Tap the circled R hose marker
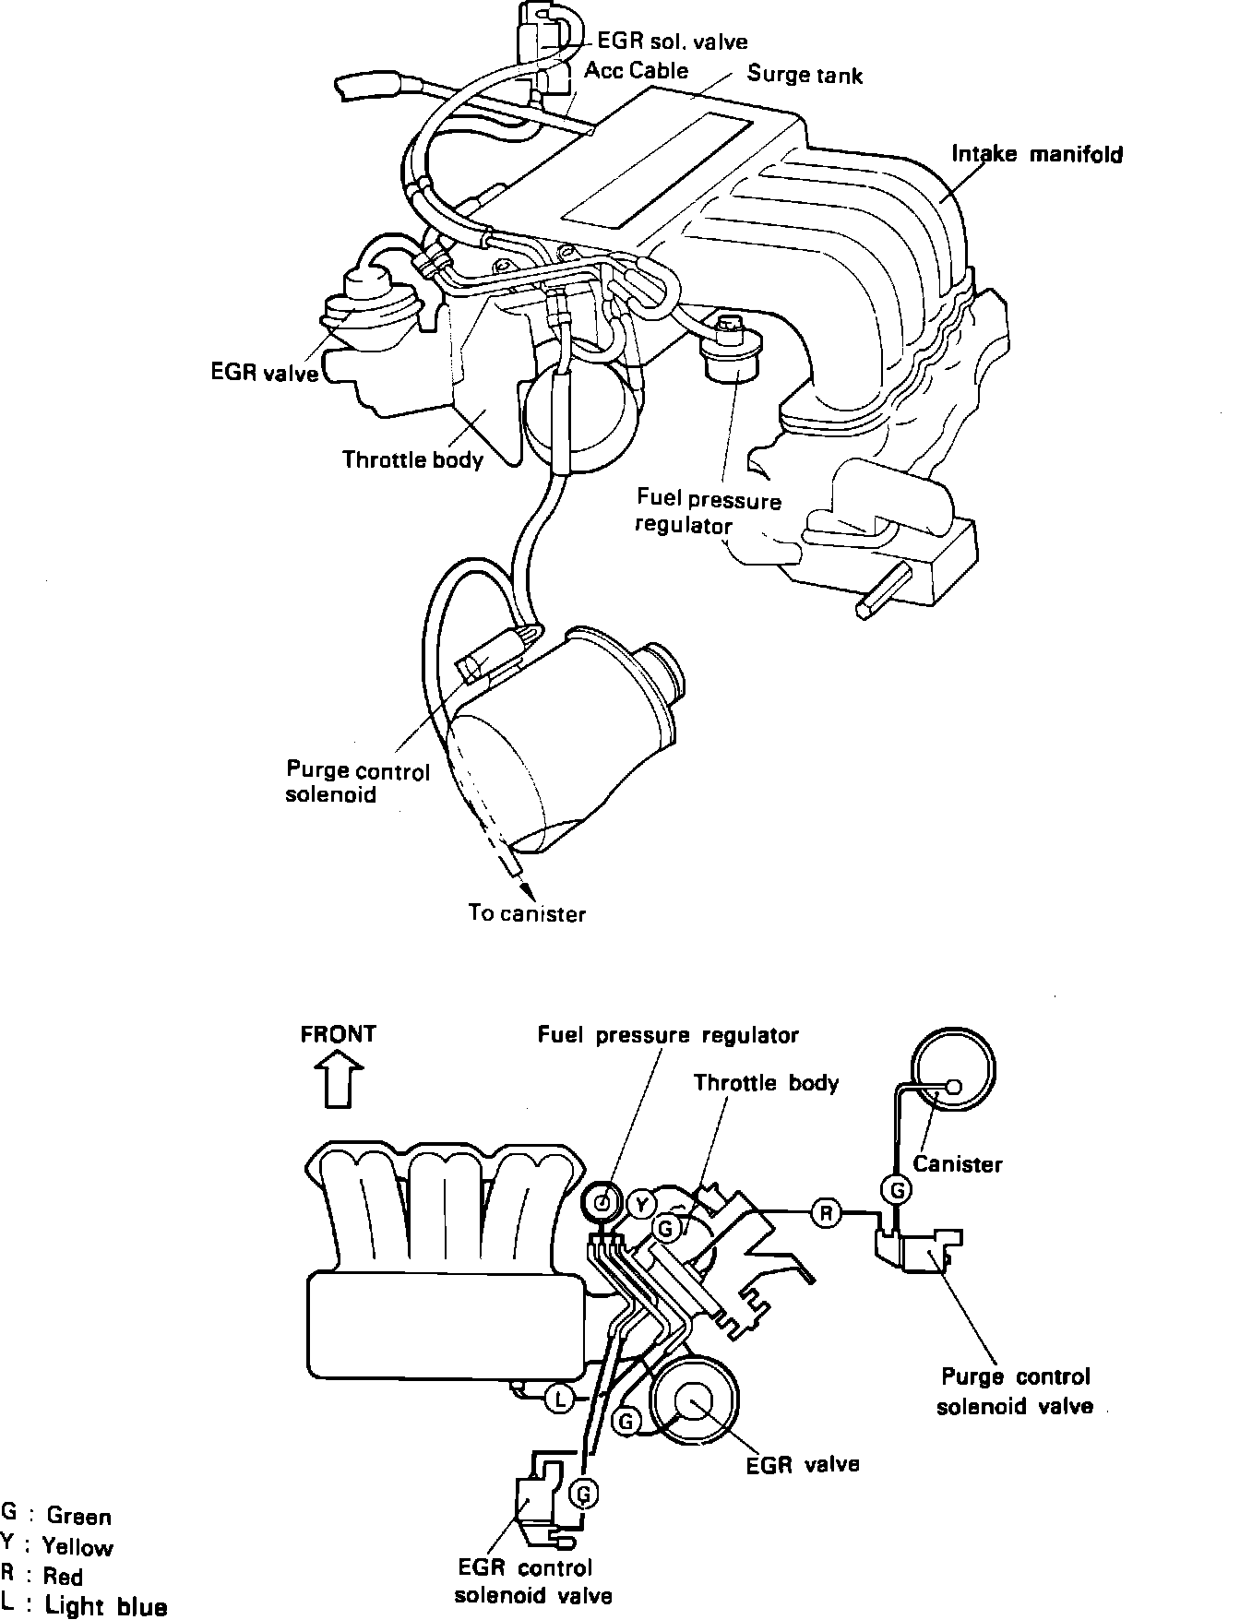pos(826,1213)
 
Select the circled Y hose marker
pos(641,1203)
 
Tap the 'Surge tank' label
pos(805,75)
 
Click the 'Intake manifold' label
pos(1037,154)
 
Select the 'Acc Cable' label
pos(637,71)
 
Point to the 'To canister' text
pos(527,914)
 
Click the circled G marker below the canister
pos(897,1190)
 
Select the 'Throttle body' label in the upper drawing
pos(412,459)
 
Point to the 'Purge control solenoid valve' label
pos(1015,1391)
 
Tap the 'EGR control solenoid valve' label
pos(532,1581)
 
